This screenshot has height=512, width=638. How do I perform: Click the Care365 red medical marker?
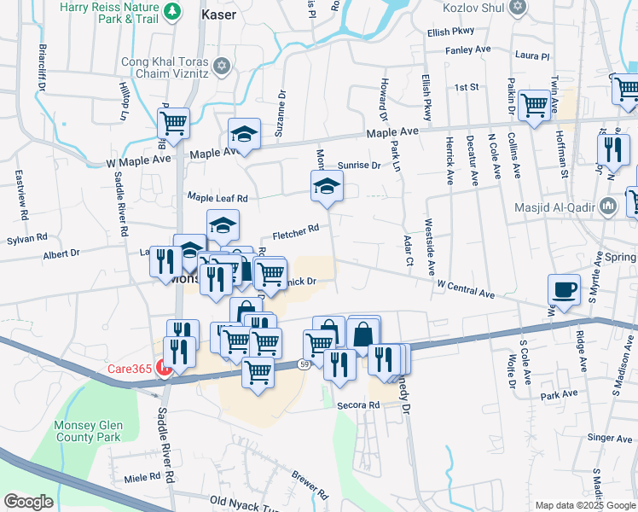tap(164, 369)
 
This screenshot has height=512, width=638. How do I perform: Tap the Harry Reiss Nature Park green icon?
tap(173, 11)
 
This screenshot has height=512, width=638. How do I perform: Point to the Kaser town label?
tap(217, 14)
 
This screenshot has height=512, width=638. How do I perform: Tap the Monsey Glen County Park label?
tap(89, 433)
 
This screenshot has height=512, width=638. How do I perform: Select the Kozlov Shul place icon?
tap(517, 8)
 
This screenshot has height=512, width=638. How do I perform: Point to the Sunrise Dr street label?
tap(358, 165)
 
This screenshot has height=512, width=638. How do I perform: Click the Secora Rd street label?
tap(357, 404)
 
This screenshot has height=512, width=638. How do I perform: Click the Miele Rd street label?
tap(142, 479)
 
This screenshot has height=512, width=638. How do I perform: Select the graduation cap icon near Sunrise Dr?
tap(325, 187)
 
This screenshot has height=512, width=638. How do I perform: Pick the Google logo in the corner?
tap(28, 502)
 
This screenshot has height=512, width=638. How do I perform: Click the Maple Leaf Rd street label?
tap(217, 198)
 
